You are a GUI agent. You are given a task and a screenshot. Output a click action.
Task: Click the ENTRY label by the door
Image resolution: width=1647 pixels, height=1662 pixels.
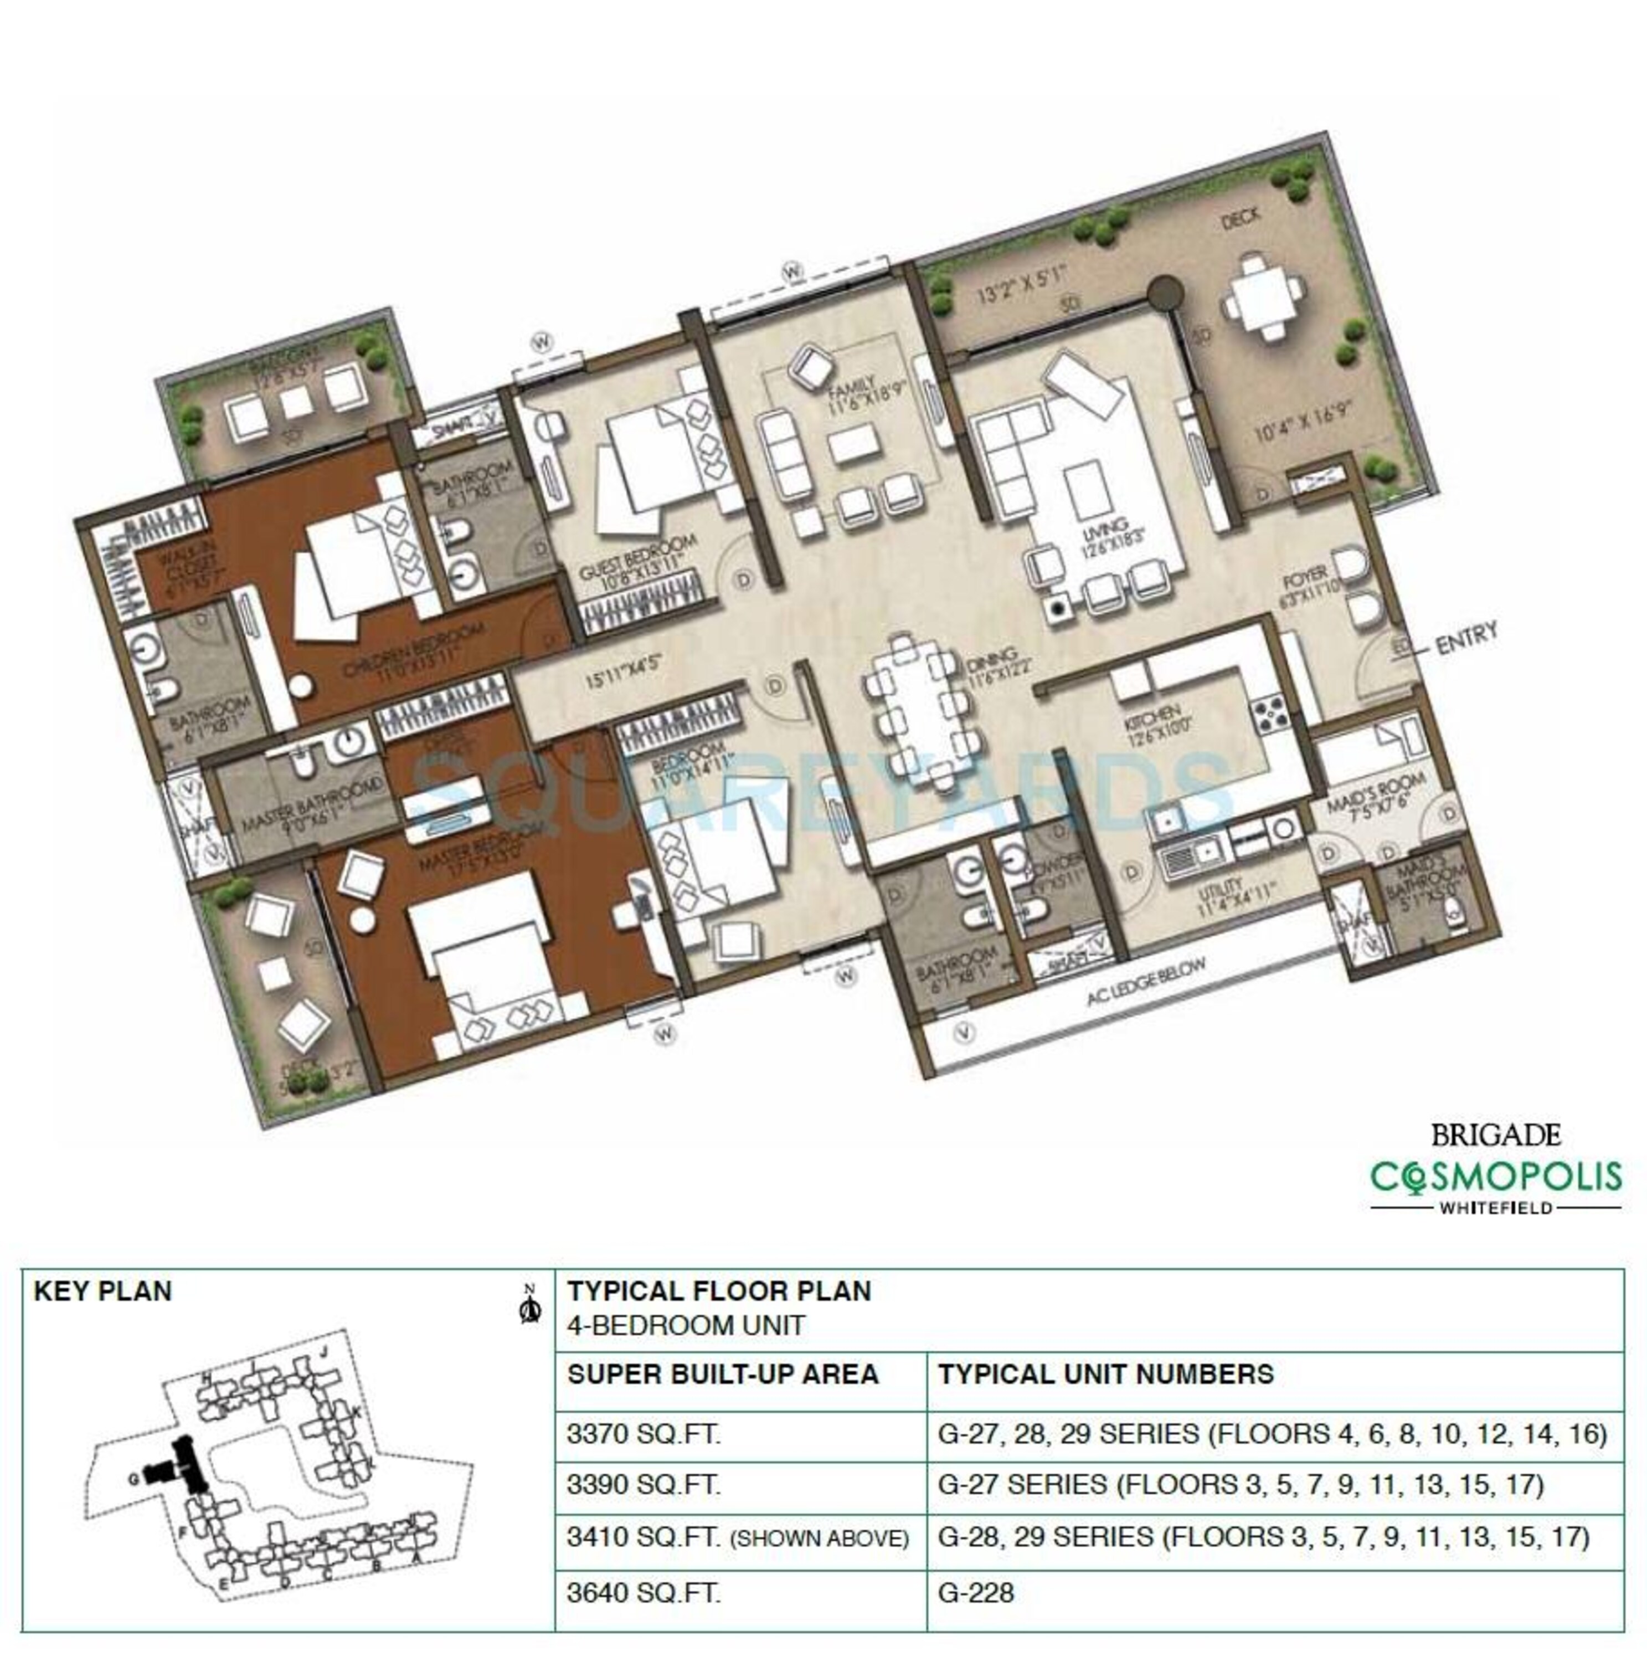click(x=1467, y=638)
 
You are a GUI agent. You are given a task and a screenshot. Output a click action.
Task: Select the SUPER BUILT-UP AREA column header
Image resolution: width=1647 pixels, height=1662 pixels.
click(x=723, y=1374)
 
